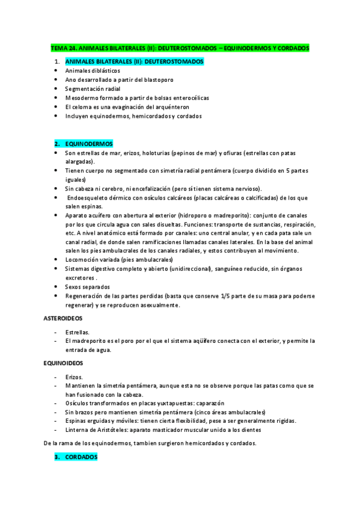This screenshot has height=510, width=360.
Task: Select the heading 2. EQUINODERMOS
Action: (93, 144)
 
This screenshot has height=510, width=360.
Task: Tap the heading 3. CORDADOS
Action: (81, 457)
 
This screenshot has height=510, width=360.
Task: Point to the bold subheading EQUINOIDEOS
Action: (63, 363)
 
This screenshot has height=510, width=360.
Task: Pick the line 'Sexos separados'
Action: (88, 287)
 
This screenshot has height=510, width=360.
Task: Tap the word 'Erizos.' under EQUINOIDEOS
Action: (75, 376)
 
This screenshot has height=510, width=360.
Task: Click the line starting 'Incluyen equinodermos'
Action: (133, 116)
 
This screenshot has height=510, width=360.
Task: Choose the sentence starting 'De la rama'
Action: (150, 443)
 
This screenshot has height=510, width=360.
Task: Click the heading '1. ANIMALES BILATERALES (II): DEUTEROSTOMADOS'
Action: (133, 61)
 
